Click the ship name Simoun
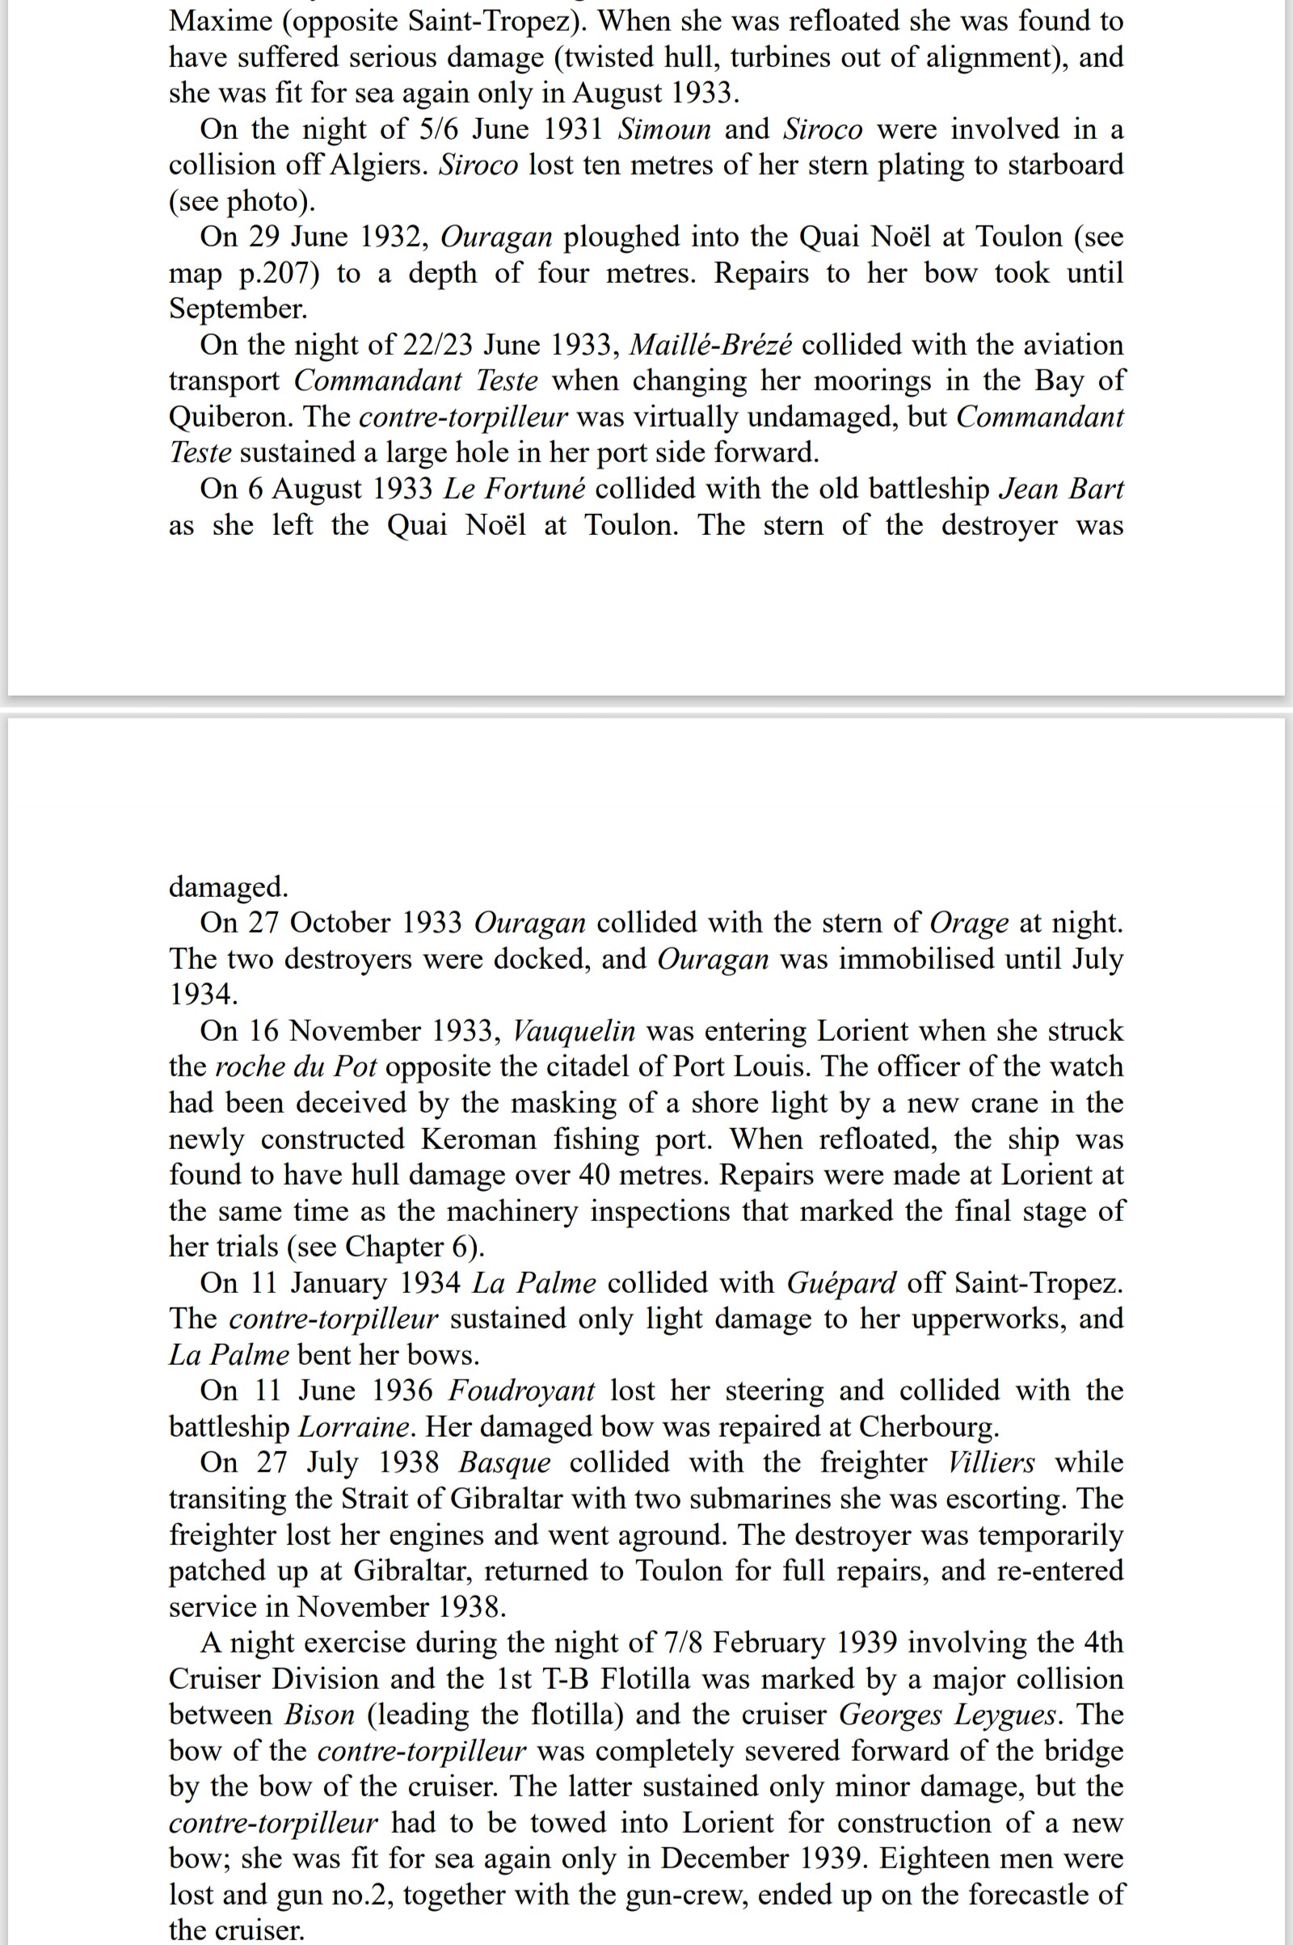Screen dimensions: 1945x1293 (663, 129)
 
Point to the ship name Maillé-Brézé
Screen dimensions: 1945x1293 (710, 345)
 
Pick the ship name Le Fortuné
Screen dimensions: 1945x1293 (515, 489)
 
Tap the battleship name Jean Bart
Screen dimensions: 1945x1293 (1060, 489)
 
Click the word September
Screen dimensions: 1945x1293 (238, 309)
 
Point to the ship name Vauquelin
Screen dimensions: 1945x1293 (574, 1030)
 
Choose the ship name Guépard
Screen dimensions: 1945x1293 (841, 1283)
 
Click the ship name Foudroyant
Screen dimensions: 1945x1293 (521, 1391)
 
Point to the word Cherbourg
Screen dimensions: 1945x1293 (928, 1427)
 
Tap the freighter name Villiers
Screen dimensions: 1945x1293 (992, 1463)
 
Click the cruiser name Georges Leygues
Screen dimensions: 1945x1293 (947, 1715)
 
